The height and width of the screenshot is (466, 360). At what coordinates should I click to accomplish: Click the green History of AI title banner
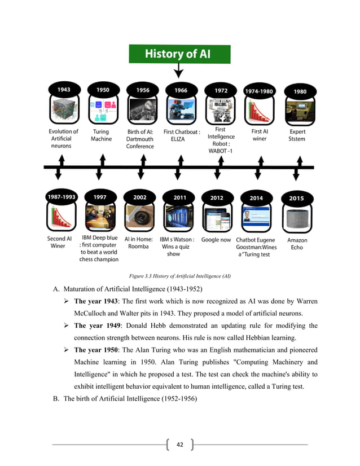pos(179,54)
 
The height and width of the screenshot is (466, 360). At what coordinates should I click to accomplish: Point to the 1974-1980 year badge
pos(259,90)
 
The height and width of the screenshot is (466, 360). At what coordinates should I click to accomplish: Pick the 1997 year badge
pos(100,197)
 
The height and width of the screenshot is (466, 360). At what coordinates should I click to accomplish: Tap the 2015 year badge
pos(296,198)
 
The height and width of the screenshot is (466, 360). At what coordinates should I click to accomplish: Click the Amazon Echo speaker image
pos(297,219)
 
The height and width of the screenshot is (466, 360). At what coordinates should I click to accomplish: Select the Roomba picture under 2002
pos(138,219)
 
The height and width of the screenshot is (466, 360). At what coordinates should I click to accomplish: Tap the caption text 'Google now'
pos(216,239)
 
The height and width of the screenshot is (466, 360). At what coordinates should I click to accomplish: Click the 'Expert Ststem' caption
pos(297,135)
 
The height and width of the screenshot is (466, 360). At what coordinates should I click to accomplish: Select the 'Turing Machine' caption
pos(102,135)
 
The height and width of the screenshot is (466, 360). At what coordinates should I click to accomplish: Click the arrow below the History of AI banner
pos(179,71)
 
